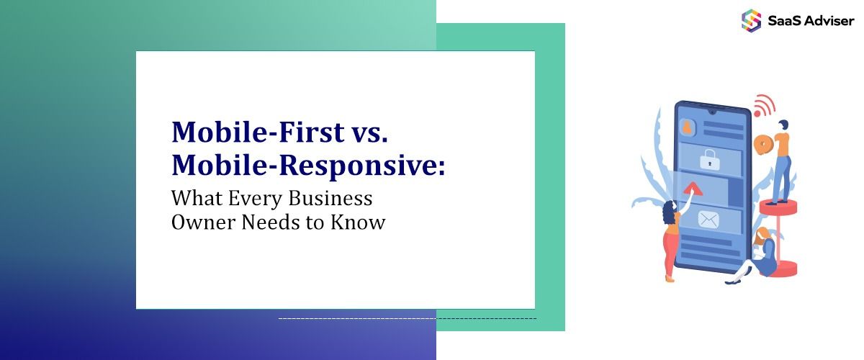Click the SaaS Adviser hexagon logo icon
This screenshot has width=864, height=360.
click(x=751, y=20)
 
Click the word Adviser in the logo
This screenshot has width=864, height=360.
click(x=827, y=21)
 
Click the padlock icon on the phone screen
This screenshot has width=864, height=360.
click(x=709, y=158)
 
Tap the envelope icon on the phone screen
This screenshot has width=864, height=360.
click(x=708, y=219)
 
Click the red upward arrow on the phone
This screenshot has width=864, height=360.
click(x=693, y=189)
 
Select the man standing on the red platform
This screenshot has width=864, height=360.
click(x=781, y=162)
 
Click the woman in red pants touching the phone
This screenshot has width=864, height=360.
click(x=671, y=238)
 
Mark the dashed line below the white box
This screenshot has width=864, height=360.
click(x=407, y=318)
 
